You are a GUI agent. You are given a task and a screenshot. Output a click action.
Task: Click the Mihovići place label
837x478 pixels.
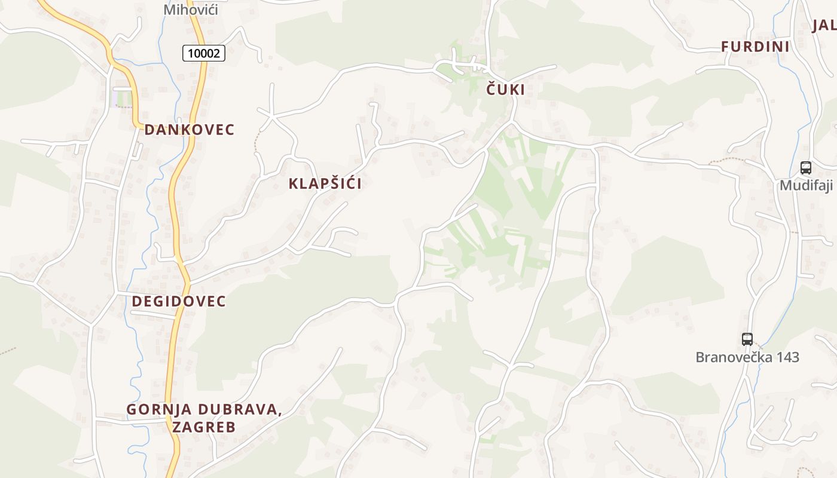coord(191,10)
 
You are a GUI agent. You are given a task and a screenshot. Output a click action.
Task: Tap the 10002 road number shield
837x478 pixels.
coord(204,53)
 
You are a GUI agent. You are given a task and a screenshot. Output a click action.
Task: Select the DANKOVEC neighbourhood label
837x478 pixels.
coord(189,130)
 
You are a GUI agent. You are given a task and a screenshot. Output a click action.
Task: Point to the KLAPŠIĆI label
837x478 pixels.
coord(325,183)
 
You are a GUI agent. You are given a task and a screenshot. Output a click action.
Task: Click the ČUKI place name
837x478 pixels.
coord(505,90)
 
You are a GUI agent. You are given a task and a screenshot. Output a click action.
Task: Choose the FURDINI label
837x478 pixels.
coord(755,47)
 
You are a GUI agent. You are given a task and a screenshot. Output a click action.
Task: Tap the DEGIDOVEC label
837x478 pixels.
coord(179,301)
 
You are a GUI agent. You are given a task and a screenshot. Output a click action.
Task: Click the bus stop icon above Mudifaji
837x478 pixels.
coord(805,168)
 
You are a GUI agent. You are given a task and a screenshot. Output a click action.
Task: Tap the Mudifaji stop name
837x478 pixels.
coord(806,185)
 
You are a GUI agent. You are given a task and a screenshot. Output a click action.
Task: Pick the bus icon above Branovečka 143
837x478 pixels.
coord(747,339)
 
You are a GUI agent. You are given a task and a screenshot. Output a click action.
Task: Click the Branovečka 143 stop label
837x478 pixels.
coord(747,357)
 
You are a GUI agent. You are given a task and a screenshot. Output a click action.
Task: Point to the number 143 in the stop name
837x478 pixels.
coord(786,357)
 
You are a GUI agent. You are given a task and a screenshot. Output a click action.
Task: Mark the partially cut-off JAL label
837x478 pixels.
coord(824,25)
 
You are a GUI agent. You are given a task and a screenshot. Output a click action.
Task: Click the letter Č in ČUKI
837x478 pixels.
coord(491,90)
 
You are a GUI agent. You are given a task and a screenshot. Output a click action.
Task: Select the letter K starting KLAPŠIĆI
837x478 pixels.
coord(294,183)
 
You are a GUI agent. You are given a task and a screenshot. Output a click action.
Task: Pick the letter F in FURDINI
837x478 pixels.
coord(725,47)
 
